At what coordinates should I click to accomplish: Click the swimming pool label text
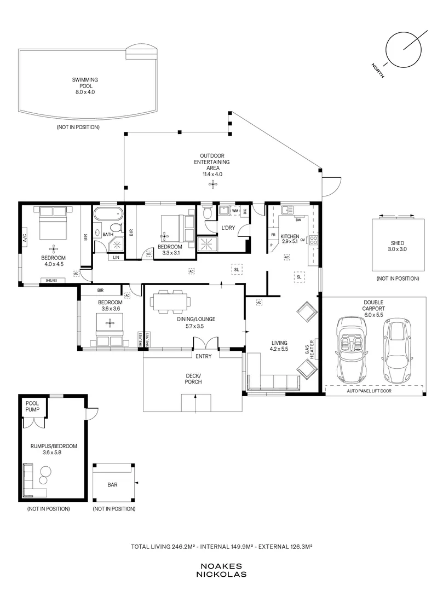85,86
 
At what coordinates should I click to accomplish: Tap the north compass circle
404,49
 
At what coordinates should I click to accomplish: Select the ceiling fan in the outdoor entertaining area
213,184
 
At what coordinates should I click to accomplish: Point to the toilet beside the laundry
208,212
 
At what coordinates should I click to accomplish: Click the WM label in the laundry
235,211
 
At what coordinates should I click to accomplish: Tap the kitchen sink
287,210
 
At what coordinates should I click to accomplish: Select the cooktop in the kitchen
314,240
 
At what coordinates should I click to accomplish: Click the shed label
398,246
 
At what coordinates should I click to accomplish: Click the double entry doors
206,343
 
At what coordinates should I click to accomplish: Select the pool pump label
32,406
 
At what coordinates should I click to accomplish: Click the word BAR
112,485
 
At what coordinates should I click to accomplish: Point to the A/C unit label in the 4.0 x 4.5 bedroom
25,237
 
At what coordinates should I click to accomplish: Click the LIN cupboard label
116,257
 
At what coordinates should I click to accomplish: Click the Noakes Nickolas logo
221,570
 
